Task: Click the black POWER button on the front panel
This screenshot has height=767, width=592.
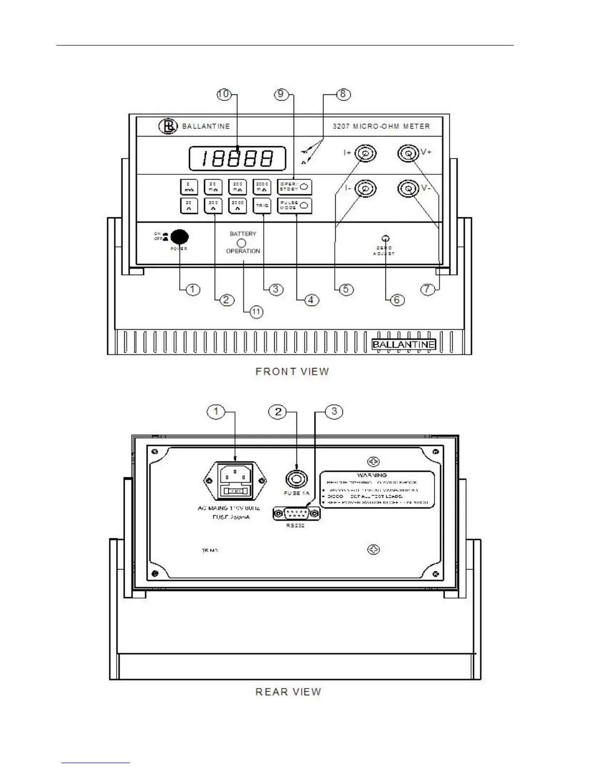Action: pos(180,237)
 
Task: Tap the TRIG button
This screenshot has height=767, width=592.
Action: pos(262,206)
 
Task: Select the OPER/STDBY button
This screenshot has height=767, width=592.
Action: pos(295,187)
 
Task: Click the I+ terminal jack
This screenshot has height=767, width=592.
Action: pos(365,154)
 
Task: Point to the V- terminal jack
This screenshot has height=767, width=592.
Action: pos(408,188)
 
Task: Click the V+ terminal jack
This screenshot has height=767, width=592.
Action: pos(408,154)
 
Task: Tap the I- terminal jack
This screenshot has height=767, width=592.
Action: pos(365,188)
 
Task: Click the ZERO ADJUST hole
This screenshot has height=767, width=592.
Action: pos(385,238)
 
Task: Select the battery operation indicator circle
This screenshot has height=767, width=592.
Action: pos(243,243)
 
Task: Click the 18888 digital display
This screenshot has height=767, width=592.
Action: pos(237,158)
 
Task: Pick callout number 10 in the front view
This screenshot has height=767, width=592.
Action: pos(223,94)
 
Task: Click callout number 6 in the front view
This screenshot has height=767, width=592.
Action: pos(397,300)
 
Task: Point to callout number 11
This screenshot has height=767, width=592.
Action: pos(256,312)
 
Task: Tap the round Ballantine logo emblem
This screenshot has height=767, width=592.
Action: pos(168,126)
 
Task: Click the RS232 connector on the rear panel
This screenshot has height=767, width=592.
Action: pos(297,513)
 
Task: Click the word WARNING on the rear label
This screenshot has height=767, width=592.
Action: pos(372,475)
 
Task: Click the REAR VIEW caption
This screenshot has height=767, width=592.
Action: pos(288,692)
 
